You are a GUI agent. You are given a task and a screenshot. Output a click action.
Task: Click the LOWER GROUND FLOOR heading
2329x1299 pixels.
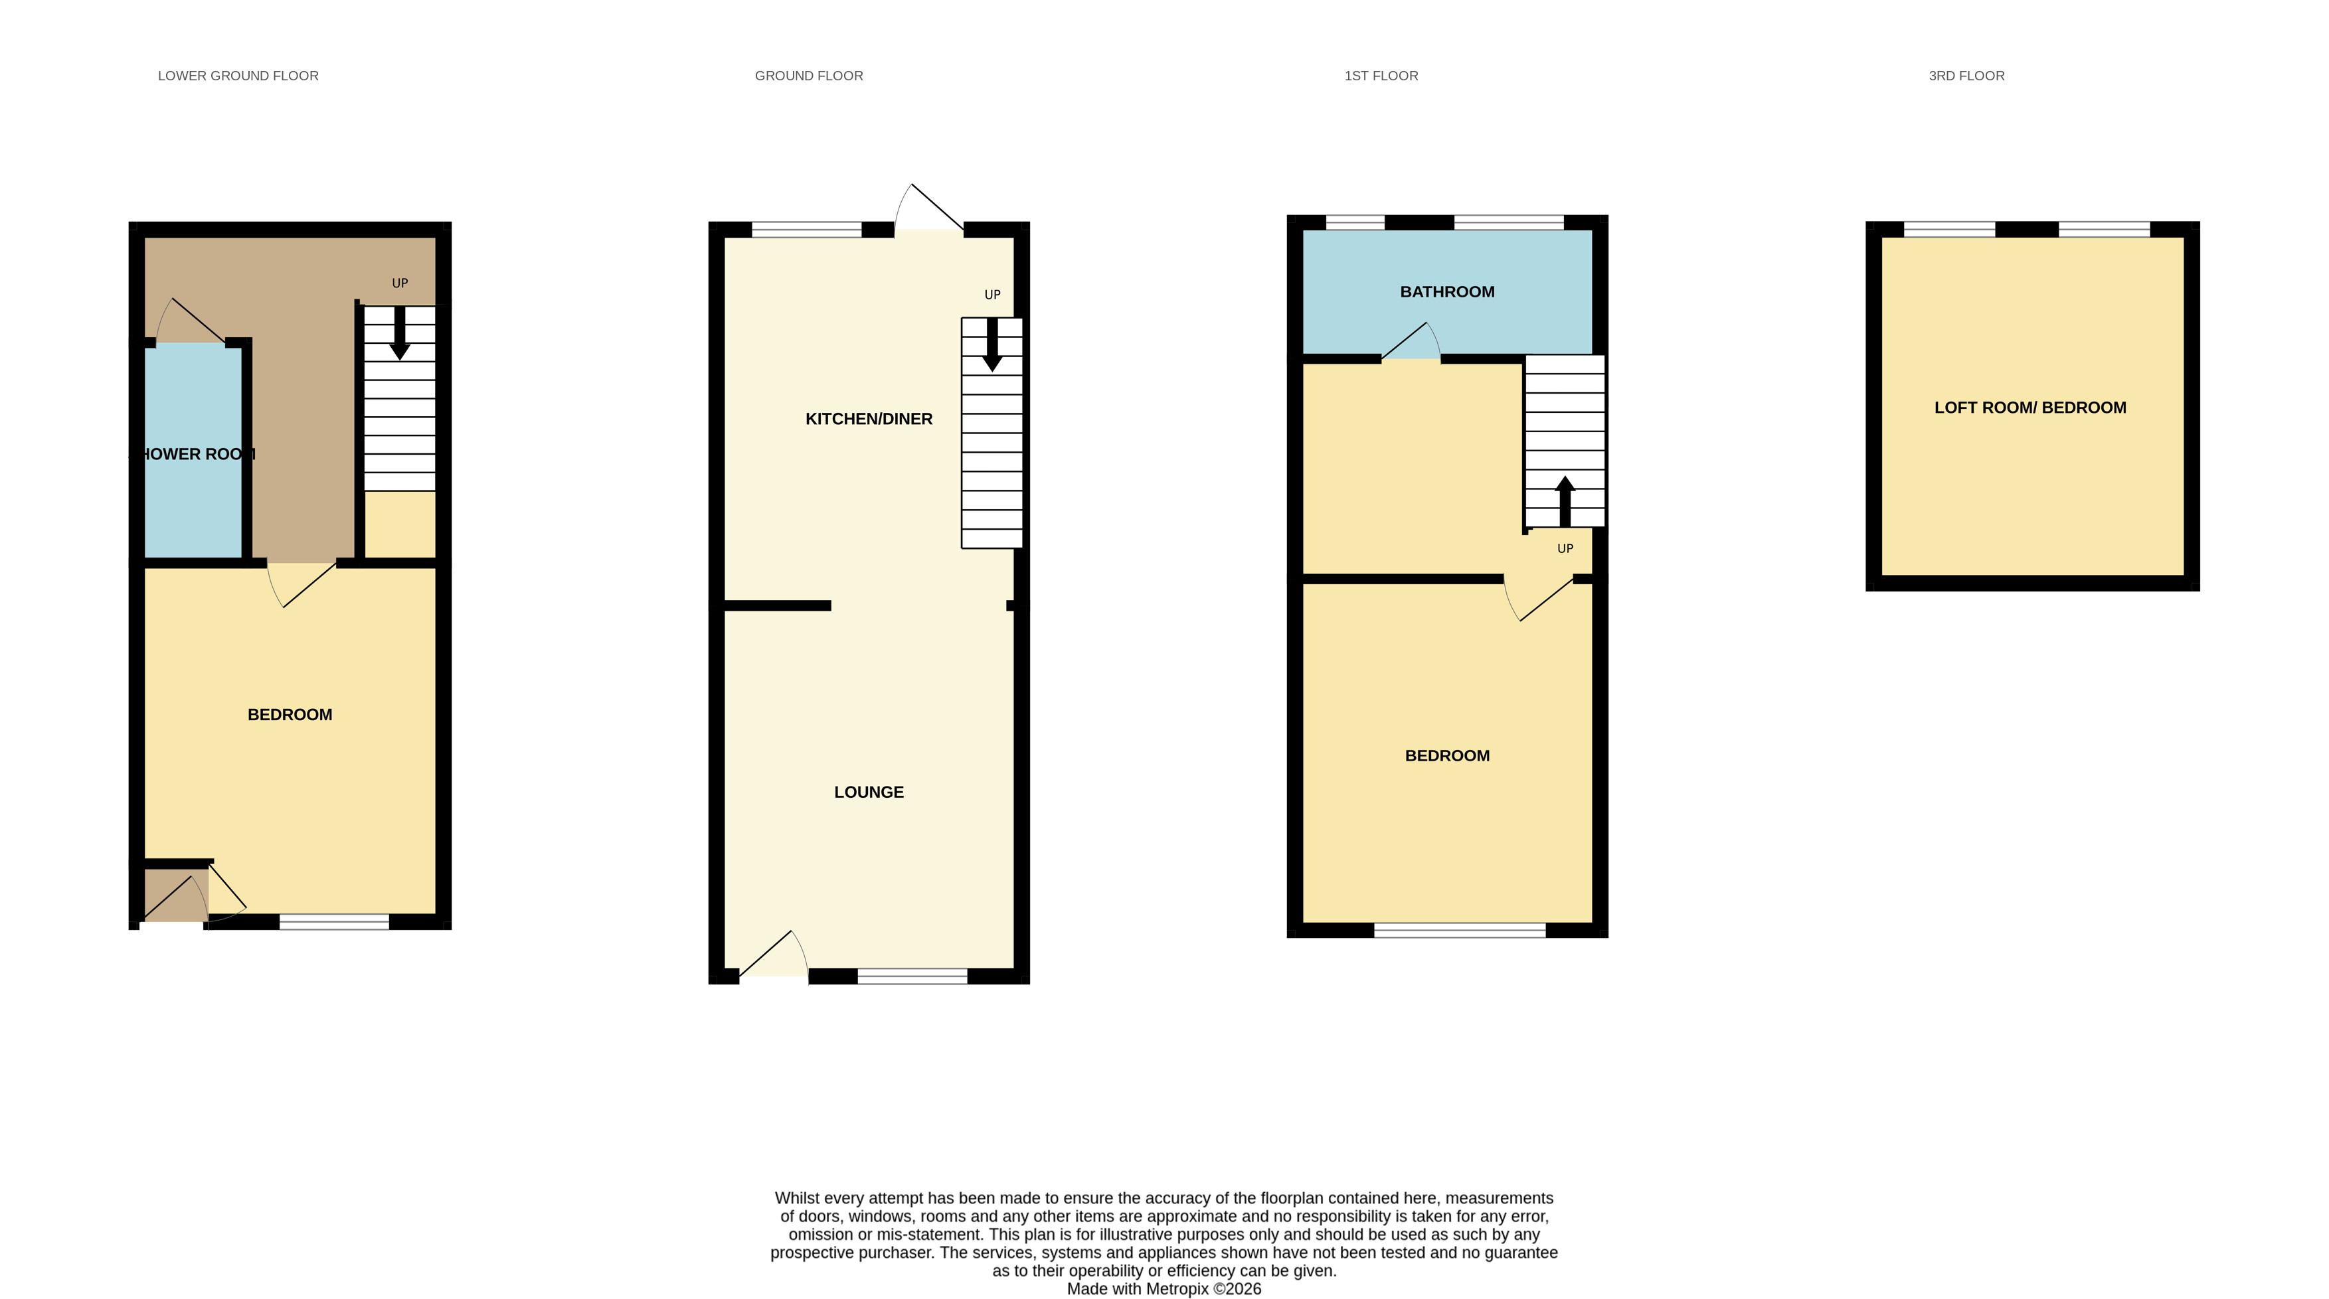(x=238, y=76)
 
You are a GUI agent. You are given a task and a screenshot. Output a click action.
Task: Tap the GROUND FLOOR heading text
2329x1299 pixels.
(x=809, y=76)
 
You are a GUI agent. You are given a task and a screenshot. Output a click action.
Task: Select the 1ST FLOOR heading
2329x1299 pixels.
(x=1381, y=76)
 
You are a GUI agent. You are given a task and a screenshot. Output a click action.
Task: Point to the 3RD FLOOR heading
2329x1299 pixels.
(x=1966, y=76)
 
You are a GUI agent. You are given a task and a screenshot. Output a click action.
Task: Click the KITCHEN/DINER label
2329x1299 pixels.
(x=869, y=419)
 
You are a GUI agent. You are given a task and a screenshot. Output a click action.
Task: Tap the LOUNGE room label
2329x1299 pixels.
(x=869, y=792)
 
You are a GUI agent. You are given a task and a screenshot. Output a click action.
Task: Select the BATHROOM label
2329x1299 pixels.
(x=1448, y=291)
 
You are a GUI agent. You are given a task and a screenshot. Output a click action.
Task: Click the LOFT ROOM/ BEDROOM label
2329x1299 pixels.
(x=2031, y=408)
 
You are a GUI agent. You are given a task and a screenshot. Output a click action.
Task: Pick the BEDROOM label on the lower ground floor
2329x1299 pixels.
(x=290, y=714)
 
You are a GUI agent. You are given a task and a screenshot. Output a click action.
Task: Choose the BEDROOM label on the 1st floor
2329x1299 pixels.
(x=1448, y=756)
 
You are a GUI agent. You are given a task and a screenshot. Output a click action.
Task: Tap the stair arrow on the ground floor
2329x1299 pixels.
(x=992, y=344)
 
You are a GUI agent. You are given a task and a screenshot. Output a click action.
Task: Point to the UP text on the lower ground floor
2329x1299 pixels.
(x=400, y=283)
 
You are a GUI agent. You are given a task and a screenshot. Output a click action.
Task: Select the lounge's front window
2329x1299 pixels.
(x=912, y=976)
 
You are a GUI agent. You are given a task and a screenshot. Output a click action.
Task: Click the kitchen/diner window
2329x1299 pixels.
(x=806, y=230)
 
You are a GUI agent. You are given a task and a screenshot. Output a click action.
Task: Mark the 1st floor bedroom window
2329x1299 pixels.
(x=1460, y=930)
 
